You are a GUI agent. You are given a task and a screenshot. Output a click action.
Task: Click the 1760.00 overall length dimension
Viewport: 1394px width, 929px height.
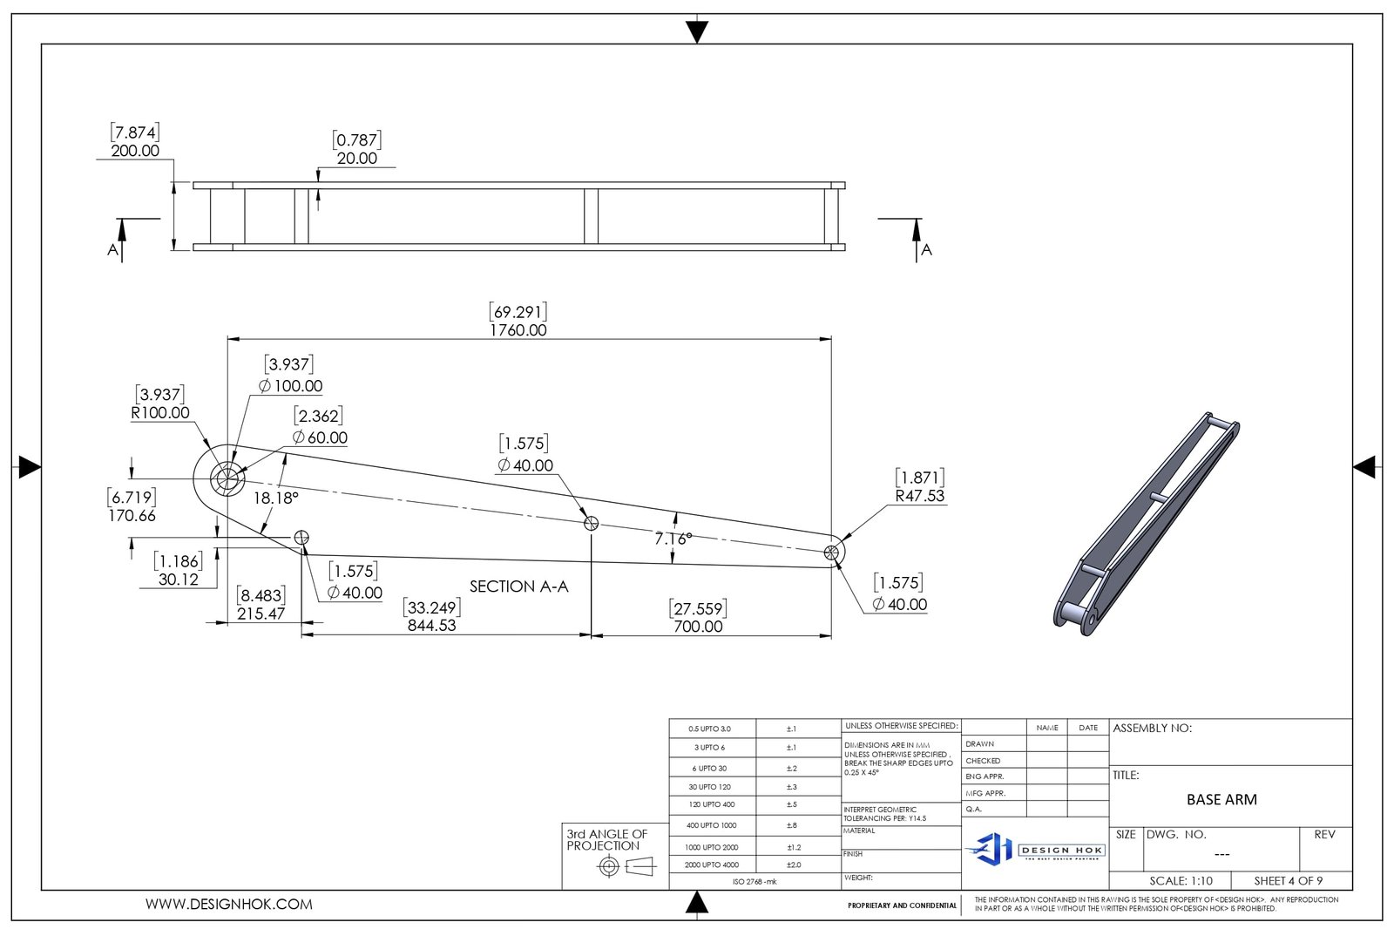[x=518, y=330]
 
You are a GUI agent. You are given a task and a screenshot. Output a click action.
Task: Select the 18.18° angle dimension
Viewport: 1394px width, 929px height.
[x=275, y=498]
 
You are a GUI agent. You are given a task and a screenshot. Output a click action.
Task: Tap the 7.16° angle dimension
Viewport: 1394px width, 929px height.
[x=673, y=539]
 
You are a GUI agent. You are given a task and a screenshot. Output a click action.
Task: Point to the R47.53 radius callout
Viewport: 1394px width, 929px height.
[x=920, y=496]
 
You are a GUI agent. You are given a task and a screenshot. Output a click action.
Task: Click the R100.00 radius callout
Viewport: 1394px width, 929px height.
[x=160, y=413]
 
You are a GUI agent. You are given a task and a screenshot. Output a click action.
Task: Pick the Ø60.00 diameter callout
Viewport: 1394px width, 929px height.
[x=320, y=437]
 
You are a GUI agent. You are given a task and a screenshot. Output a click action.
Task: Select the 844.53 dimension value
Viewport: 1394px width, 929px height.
[x=431, y=626]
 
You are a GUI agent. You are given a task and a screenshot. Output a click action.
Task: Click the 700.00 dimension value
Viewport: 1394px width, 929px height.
[x=698, y=627]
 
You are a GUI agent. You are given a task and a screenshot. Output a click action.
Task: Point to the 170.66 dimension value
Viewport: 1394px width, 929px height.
[x=132, y=516]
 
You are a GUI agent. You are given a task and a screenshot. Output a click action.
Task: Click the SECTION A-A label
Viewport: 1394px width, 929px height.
[x=518, y=587]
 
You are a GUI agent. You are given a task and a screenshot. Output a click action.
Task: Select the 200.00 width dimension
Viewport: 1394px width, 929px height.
[x=135, y=151]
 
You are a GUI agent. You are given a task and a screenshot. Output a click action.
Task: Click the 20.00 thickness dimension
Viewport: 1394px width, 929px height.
[x=357, y=159]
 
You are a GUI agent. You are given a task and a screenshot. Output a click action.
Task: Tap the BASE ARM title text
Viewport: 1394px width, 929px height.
[x=1221, y=799]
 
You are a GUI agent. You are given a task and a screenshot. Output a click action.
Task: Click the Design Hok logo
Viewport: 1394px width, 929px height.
[x=1034, y=849]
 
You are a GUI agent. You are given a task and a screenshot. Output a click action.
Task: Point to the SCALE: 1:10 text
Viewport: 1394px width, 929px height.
[x=1181, y=881]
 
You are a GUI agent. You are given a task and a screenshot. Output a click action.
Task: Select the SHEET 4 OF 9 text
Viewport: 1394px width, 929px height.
[x=1288, y=881]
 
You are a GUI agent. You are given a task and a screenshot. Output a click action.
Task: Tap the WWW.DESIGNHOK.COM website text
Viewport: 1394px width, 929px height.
[x=228, y=905]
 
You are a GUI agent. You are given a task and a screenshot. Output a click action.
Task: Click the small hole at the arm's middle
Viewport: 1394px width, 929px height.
[x=591, y=523]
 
